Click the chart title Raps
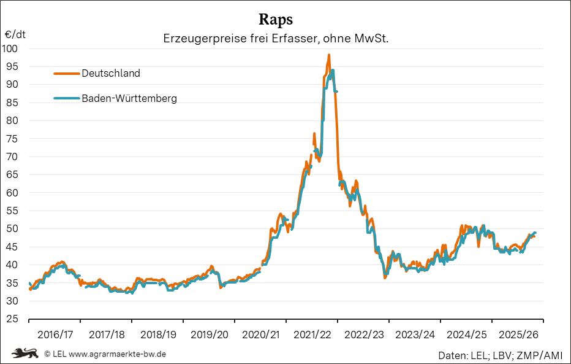point(276,18)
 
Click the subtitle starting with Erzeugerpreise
point(276,38)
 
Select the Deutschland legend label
point(111,73)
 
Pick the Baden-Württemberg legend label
point(129,98)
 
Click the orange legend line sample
point(67,73)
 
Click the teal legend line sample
point(67,98)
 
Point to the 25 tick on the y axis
point(13,319)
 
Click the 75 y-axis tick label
point(13,139)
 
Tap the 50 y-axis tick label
point(13,229)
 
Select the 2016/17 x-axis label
point(55,335)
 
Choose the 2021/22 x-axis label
point(312,335)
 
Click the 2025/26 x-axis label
point(518,335)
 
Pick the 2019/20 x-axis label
point(210,335)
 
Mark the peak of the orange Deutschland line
point(329,55)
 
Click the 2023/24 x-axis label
point(415,335)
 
